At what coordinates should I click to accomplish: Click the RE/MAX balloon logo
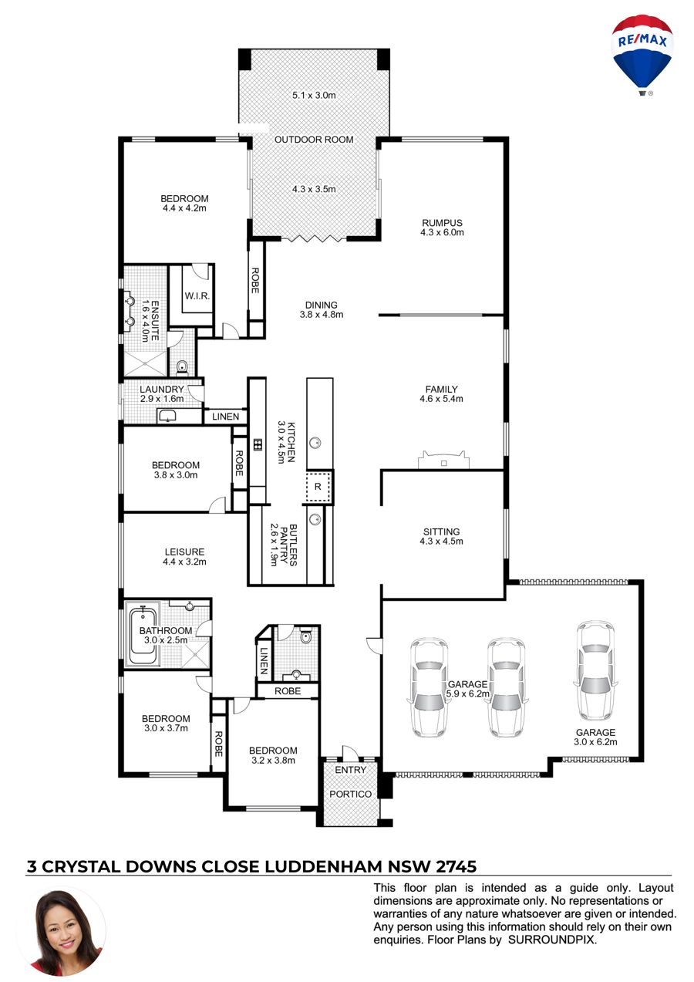point(642,55)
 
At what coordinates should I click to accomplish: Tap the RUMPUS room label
point(442,223)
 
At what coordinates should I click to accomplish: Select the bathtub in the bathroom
point(143,634)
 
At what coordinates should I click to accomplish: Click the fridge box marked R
point(318,486)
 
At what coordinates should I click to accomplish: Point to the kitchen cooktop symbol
point(258,445)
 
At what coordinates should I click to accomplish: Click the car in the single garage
point(595,670)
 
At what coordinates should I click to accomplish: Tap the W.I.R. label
point(197,296)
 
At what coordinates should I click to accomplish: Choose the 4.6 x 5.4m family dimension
point(441,399)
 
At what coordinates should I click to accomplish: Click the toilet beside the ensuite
point(182,366)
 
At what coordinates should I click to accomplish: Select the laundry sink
point(167,415)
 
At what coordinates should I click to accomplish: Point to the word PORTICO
point(350,794)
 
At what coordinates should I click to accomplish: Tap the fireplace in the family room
point(443,460)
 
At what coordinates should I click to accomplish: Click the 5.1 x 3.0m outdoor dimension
point(314,95)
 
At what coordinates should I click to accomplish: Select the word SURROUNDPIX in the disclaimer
point(552,939)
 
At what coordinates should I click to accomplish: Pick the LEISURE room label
point(184,552)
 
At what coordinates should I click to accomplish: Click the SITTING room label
point(441,531)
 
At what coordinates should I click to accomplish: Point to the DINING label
point(321,305)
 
